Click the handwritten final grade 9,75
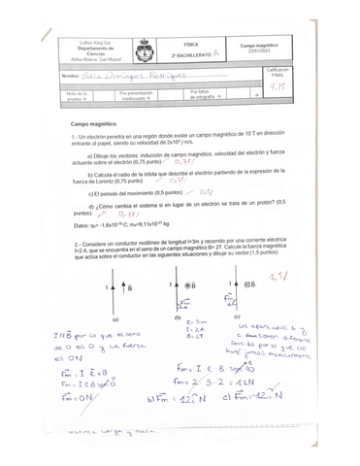(278, 86)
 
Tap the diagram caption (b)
(179, 317)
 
